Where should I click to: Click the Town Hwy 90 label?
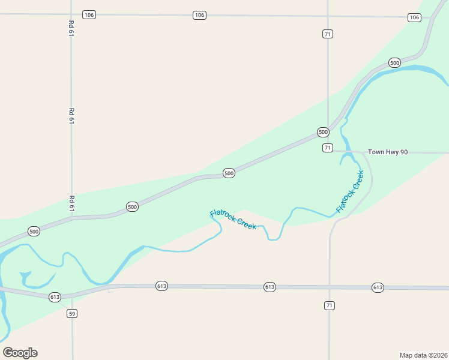tap(388, 152)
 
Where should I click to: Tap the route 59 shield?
tap(72, 313)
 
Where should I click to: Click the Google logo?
tap(20, 353)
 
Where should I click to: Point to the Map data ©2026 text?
tap(424, 355)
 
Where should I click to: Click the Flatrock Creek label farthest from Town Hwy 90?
tap(233, 220)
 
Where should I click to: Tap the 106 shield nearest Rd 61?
tap(89, 14)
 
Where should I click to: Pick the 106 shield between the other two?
tap(199, 15)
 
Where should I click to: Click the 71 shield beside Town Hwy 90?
tap(327, 148)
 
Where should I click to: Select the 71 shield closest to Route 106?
tap(327, 34)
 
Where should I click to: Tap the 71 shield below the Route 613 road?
tap(329, 306)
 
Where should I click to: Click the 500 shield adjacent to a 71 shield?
tap(323, 132)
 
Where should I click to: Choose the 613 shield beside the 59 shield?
tap(55, 297)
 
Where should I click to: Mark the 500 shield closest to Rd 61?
tap(133, 207)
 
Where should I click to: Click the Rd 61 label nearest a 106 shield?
tap(71, 29)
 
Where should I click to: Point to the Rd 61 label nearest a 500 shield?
tap(71, 203)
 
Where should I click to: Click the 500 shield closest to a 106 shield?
tap(394, 62)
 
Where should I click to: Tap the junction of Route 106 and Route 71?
tap(327, 16)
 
